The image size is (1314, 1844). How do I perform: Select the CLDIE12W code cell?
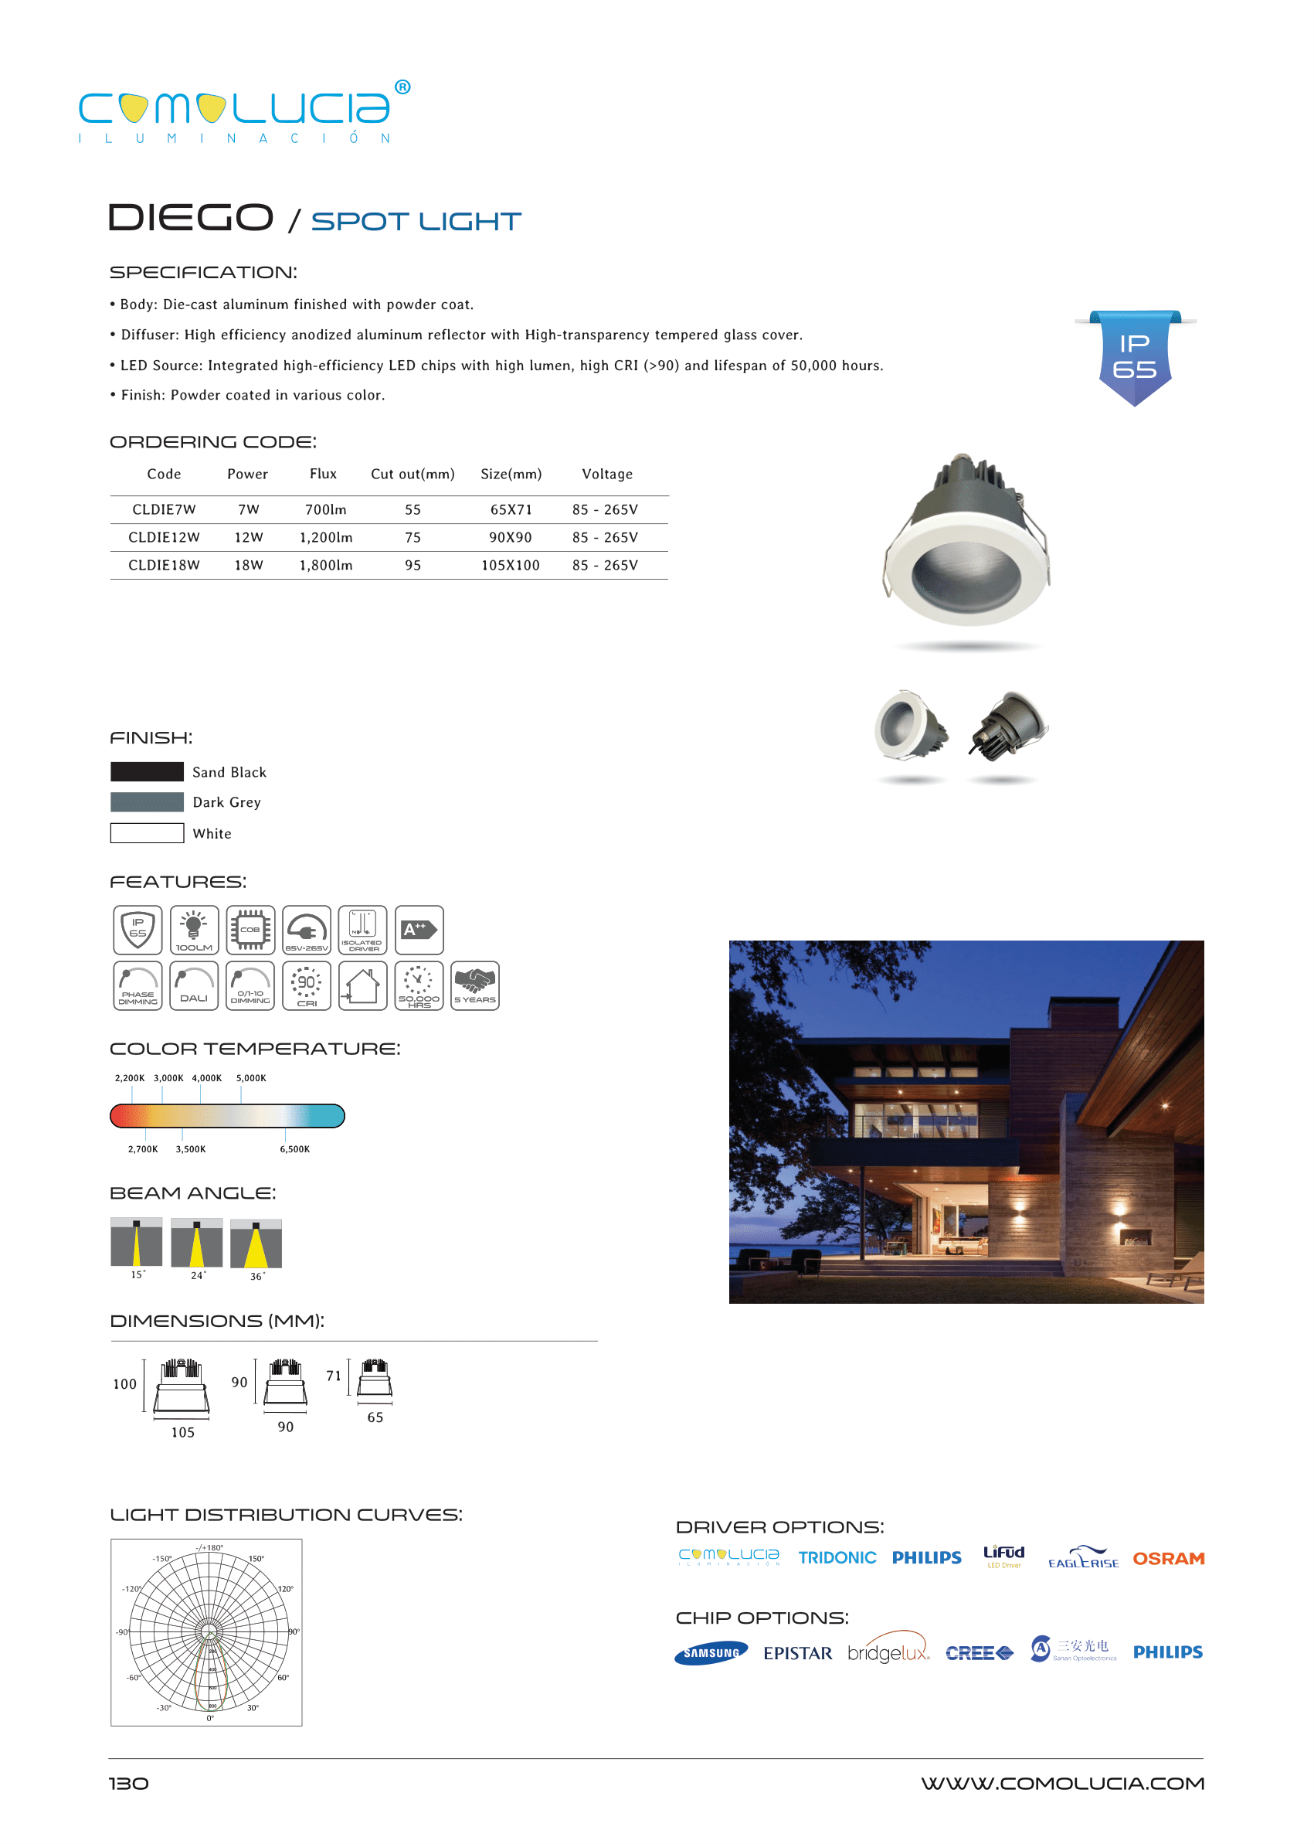click(165, 537)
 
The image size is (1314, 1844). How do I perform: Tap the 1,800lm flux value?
click(326, 565)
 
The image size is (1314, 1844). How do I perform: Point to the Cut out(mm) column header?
click(413, 474)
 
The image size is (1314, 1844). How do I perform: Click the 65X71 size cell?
click(511, 509)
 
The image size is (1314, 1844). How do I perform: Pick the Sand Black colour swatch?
click(147, 771)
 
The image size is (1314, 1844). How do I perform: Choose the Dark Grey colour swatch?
click(147, 802)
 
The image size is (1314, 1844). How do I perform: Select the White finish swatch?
click(147, 833)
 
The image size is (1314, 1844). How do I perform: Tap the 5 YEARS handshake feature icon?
click(474, 985)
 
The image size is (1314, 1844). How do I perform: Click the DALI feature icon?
click(194, 985)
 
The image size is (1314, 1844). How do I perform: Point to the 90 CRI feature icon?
click(307, 985)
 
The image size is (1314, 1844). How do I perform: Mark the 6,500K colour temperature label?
click(294, 1148)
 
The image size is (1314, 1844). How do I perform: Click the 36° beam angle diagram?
click(256, 1244)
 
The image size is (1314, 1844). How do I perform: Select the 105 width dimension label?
click(183, 1432)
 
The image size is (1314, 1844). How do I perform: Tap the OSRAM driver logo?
click(1167, 1558)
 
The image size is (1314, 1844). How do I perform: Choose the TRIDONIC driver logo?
click(837, 1557)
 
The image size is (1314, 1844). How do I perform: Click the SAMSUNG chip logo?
click(711, 1653)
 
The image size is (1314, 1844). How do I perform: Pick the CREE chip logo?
click(979, 1653)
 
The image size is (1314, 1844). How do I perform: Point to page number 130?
click(129, 1783)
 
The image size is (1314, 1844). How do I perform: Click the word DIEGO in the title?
click(191, 218)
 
